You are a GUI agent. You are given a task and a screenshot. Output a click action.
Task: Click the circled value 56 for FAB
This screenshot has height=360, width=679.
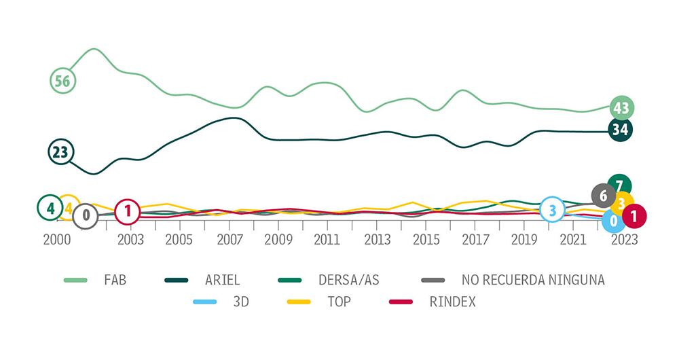click(62, 81)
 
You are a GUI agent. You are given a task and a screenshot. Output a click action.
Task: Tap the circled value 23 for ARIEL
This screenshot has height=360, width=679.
click(60, 151)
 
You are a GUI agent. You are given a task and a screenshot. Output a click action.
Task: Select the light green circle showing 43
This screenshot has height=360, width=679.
click(620, 107)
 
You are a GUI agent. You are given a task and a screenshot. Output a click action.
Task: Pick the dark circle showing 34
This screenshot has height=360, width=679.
click(619, 129)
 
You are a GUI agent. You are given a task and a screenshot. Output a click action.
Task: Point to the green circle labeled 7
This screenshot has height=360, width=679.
click(619, 185)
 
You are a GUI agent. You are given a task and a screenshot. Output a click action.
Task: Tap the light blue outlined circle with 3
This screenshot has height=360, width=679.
click(553, 211)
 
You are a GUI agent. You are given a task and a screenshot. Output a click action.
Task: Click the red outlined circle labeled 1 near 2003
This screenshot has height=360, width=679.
click(127, 212)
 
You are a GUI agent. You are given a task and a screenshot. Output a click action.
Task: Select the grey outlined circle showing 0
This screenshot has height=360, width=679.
click(86, 216)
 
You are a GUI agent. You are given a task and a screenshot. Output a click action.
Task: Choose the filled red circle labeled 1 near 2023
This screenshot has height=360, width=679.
click(634, 216)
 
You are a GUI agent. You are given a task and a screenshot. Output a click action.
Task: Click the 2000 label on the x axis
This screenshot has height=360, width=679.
click(57, 240)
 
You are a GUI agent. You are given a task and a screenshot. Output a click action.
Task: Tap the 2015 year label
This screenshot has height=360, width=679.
click(426, 240)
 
